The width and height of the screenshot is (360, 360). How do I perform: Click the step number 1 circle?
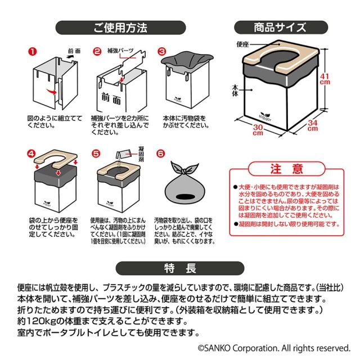point(32,51)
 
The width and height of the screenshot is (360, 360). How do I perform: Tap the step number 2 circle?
point(96,51)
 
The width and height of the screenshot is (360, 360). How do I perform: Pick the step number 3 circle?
point(161,51)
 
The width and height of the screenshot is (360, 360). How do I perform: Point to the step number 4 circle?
point(32,152)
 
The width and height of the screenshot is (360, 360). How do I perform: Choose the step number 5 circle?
point(96,152)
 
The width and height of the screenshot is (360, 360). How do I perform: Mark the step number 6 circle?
point(161,152)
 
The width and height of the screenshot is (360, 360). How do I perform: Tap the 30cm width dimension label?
point(258,130)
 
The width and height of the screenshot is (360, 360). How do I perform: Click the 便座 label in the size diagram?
point(243,43)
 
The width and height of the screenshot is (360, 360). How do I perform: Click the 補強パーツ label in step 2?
point(120,51)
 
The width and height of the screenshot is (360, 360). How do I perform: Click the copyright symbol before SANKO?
point(200,349)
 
